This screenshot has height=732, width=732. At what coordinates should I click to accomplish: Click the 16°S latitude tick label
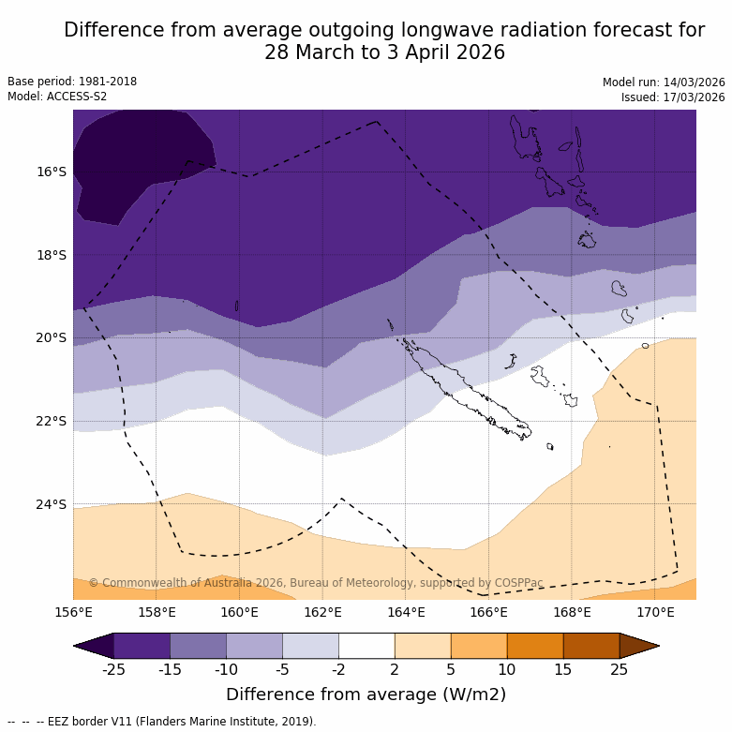[52, 172]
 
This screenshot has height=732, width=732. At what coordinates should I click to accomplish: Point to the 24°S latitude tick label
[52, 504]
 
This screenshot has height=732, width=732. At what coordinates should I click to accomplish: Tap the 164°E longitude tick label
[406, 613]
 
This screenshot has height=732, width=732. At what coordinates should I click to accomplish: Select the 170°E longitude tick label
[655, 613]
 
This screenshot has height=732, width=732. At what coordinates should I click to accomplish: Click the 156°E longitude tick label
[73, 613]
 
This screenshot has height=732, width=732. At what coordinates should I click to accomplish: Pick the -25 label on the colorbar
[113, 669]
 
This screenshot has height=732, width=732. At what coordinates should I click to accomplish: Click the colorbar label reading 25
[620, 669]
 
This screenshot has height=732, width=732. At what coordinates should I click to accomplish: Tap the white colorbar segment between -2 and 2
[366, 646]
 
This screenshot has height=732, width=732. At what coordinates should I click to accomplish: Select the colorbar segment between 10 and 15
[535, 646]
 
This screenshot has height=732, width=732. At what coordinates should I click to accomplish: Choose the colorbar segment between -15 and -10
[198, 646]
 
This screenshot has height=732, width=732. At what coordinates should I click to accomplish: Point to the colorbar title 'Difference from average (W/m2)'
[366, 695]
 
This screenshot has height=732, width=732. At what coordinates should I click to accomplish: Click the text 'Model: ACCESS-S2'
[57, 97]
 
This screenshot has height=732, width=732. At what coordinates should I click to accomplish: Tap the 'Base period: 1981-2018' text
[72, 82]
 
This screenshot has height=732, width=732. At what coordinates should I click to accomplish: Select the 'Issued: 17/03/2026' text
[673, 97]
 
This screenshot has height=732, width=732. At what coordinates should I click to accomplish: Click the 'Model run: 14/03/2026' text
[664, 82]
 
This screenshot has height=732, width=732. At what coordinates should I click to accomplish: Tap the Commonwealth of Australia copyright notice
[316, 583]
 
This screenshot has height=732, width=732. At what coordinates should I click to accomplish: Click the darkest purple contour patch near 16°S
[141, 159]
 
